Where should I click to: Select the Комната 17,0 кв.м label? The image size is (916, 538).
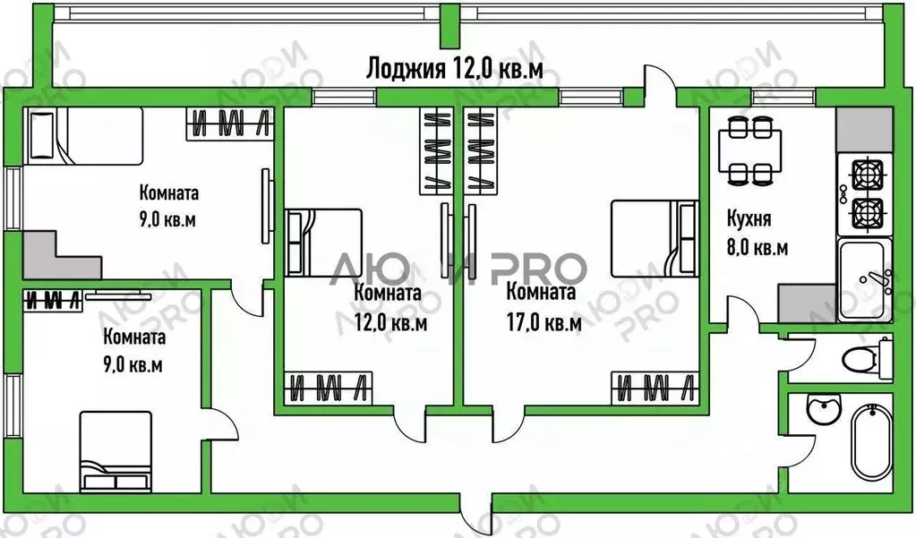543,307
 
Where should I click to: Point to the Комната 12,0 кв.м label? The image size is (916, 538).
389,307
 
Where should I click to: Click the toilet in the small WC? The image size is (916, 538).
861,360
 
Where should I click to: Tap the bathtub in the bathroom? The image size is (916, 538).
870,443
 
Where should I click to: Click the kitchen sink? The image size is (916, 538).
865,278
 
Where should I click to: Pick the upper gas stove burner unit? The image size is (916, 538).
865,172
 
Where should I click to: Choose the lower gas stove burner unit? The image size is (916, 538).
865,213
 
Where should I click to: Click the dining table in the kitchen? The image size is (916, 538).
748,150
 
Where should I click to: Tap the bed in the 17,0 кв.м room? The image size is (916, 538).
654,238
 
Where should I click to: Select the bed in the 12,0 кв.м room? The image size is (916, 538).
323,242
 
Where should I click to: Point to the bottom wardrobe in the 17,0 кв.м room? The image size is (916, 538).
655,389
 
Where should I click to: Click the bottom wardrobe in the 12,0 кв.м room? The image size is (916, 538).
326,389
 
